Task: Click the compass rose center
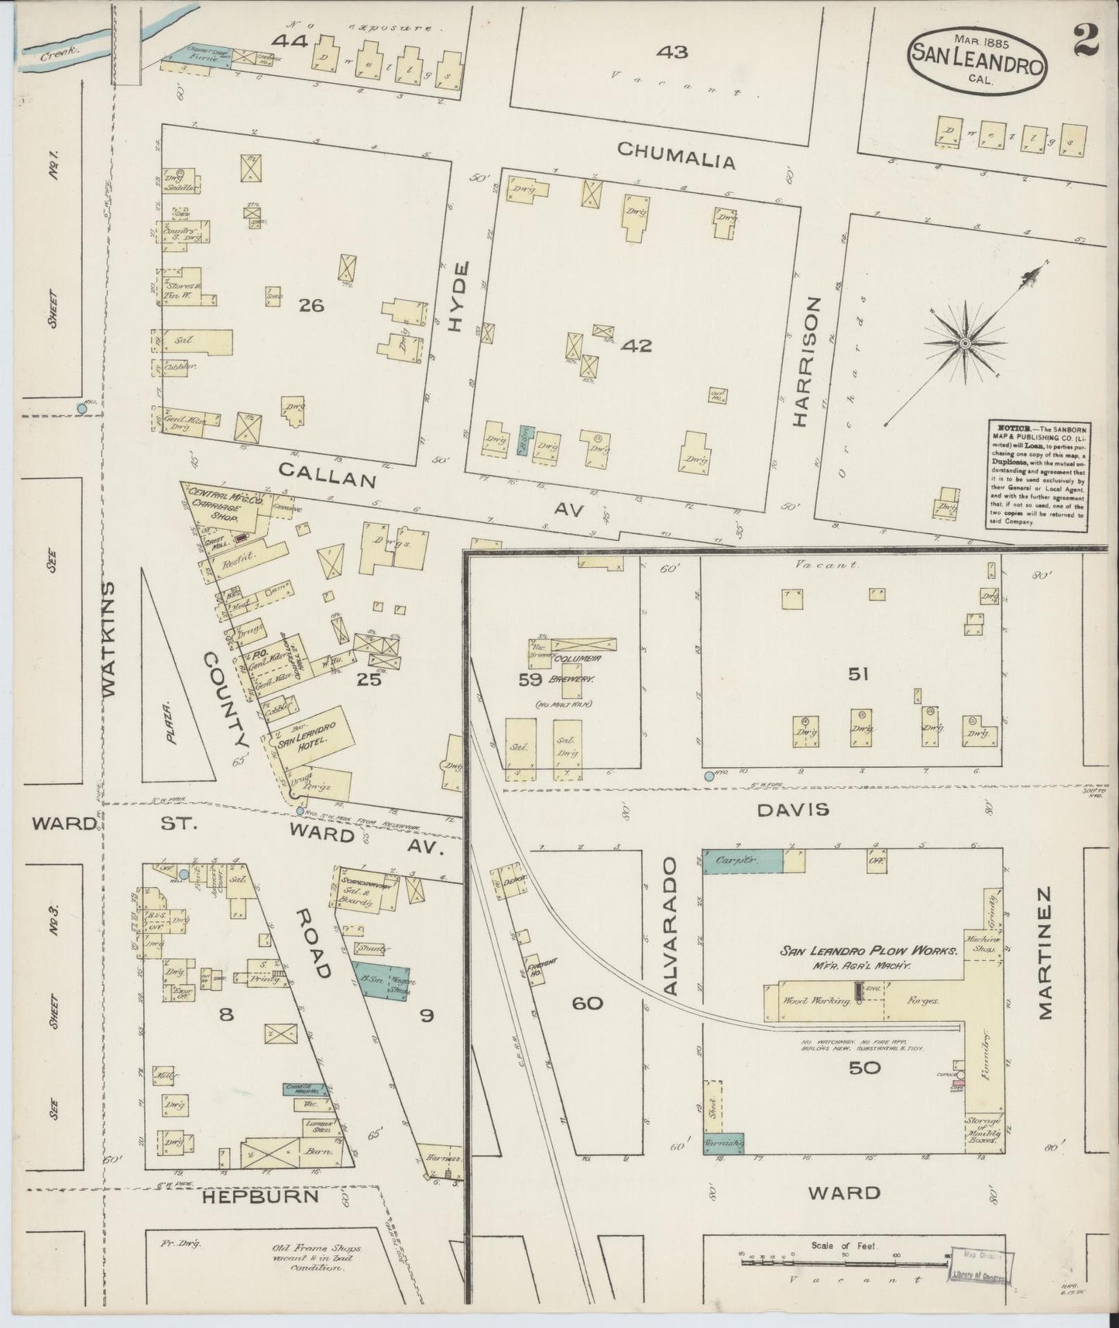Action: (966, 343)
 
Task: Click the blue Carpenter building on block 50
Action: (742, 861)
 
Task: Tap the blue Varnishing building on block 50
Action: (723, 1143)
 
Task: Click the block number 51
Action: (857, 675)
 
